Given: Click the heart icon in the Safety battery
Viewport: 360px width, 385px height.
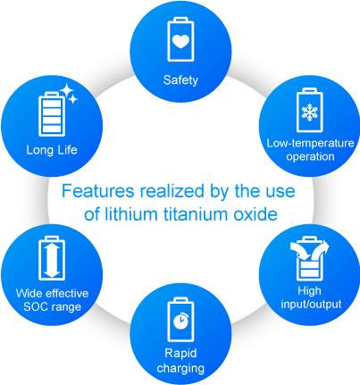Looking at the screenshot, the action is point(180,41).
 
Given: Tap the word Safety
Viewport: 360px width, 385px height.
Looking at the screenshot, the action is point(180,80).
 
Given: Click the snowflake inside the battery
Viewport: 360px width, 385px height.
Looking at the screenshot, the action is point(310,113).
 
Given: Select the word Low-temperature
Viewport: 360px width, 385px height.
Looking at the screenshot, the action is point(310,143).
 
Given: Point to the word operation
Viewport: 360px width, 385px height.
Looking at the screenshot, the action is point(310,157).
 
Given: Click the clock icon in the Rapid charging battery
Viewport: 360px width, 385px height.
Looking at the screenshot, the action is point(180,321).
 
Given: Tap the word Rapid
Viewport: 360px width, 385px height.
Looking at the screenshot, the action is point(180,354).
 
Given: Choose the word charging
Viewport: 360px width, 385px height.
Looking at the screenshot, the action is point(180,368).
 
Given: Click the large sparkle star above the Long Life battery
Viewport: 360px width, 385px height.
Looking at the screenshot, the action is point(66,90).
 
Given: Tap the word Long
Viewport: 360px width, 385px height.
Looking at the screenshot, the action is point(39,150).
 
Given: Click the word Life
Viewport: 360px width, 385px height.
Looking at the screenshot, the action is point(67,149).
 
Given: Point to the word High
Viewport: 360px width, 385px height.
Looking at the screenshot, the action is point(310,290).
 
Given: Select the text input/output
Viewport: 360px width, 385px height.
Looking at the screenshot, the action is point(311,305).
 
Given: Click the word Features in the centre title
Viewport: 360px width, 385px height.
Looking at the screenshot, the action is point(98,191).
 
